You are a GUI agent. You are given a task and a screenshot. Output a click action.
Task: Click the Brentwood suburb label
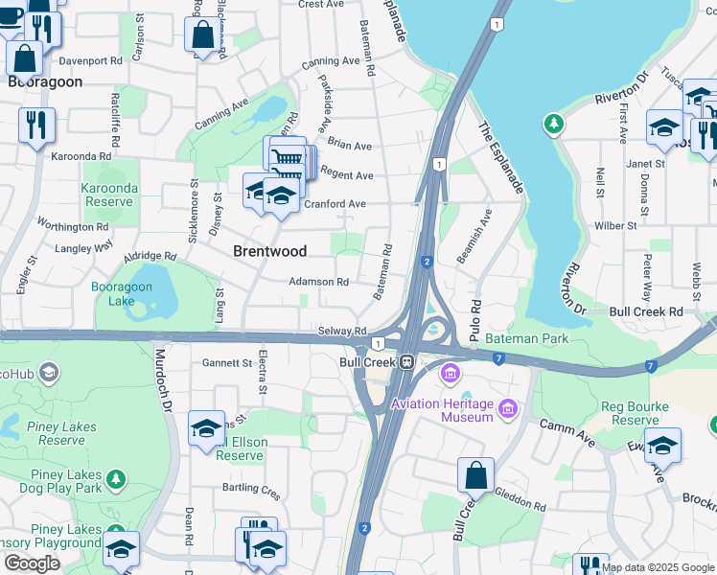pyautogui.click(x=270, y=251)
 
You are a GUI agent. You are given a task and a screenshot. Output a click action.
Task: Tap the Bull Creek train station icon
pyautogui.click(x=406, y=362)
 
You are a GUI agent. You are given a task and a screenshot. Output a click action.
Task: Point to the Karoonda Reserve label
pyautogui.click(x=107, y=195)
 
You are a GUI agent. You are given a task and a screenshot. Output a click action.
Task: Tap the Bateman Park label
pyautogui.click(x=526, y=338)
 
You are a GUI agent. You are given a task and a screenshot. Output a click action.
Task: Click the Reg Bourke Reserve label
pyautogui.click(x=636, y=413)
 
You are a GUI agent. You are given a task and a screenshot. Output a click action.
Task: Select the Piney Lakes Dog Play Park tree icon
pyautogui.click(x=116, y=477)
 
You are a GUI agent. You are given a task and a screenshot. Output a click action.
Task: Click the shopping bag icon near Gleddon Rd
pyautogui.click(x=475, y=475)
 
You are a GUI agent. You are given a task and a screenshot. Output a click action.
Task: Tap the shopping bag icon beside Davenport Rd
pyautogui.click(x=25, y=57)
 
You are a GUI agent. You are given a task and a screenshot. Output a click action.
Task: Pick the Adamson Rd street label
pyautogui.click(x=318, y=282)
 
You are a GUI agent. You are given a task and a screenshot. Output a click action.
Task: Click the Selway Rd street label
pyautogui.click(x=342, y=331)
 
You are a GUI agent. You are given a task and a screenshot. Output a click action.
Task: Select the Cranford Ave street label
pyautogui.click(x=335, y=204)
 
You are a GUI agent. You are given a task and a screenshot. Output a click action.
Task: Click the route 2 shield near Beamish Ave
pyautogui.click(x=426, y=262)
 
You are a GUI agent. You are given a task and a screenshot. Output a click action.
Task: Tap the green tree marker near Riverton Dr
pyautogui.click(x=553, y=124)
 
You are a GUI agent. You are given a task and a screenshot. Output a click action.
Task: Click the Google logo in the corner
pyautogui.click(x=33, y=563)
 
